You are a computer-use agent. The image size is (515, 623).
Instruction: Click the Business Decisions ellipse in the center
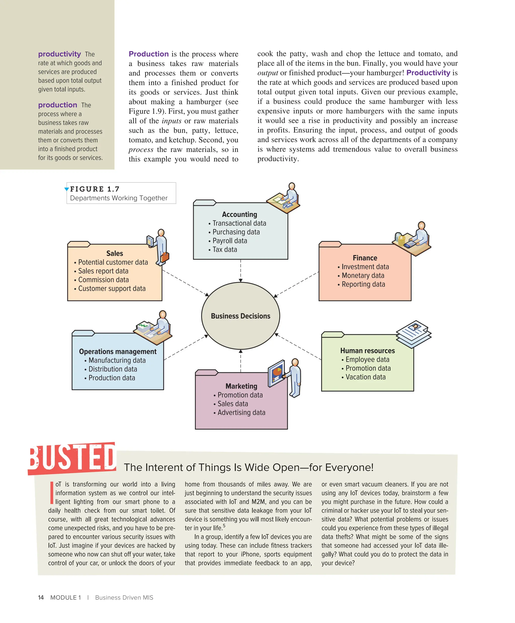[x=240, y=316]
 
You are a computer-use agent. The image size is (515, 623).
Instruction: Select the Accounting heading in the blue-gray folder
[x=239, y=214]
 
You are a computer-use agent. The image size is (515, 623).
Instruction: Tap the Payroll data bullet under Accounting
[x=230, y=241]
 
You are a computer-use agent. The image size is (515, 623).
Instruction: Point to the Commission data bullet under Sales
[x=103, y=280]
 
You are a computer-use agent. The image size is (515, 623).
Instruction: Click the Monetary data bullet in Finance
[x=363, y=275]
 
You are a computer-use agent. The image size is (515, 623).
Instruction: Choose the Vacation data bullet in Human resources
[x=365, y=377]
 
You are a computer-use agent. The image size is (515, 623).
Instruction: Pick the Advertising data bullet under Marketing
[x=241, y=412]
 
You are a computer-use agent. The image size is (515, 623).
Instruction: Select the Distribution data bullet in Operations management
[x=113, y=369]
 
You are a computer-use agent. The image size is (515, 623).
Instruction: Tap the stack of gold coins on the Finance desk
[x=401, y=239]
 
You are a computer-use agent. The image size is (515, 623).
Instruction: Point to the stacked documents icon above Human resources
[x=414, y=334]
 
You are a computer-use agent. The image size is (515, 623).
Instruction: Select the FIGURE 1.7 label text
[x=95, y=189]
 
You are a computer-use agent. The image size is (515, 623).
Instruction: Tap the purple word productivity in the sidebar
[x=59, y=54]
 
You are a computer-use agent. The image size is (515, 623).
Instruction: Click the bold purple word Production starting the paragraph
[x=148, y=54]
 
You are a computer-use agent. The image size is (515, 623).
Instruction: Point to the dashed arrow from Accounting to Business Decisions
[x=240, y=271]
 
